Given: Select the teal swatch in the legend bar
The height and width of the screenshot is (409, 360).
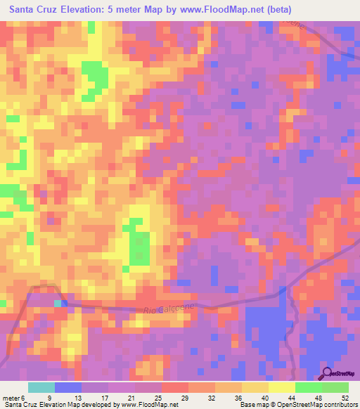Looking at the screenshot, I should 41,387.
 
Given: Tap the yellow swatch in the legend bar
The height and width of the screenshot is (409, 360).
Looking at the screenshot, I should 281,387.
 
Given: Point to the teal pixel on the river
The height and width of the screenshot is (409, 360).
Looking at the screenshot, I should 58,303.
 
